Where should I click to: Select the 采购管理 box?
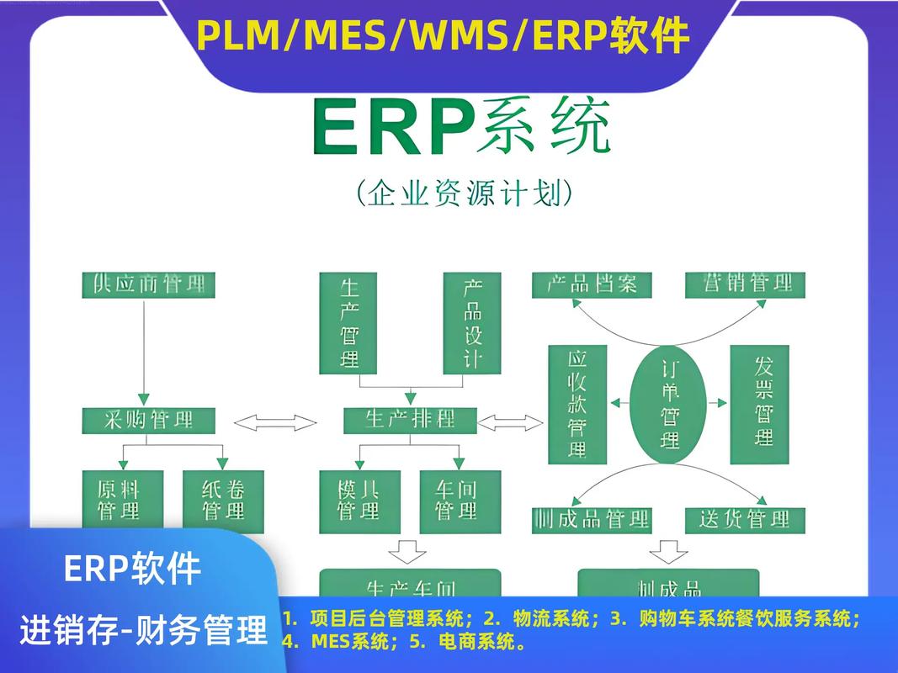[x=148, y=420]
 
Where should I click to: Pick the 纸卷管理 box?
[x=223, y=500]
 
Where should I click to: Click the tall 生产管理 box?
[x=350, y=323]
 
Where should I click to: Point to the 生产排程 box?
[x=410, y=420]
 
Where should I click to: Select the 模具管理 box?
[x=359, y=500]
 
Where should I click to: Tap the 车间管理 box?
[x=460, y=500]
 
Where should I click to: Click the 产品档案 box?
[x=592, y=284]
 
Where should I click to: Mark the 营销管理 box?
[x=744, y=284]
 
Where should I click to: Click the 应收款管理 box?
[x=577, y=404]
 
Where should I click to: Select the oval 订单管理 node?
[x=670, y=404]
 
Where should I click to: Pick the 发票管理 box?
[x=759, y=404]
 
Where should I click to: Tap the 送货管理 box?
[x=744, y=519]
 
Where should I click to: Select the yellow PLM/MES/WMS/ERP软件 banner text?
[x=444, y=35]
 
